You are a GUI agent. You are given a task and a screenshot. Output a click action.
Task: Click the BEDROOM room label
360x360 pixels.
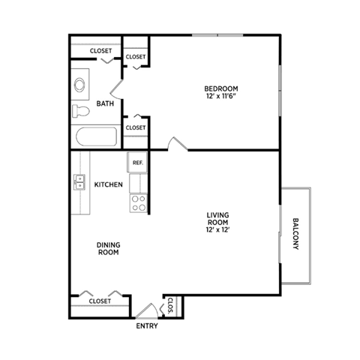coord(221,88)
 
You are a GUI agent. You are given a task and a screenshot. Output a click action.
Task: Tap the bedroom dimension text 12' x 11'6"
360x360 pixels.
coord(221,97)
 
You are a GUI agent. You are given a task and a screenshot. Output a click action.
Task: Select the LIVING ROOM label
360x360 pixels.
coord(218,218)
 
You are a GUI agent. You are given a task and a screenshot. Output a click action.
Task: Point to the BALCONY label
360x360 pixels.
coord(295,235)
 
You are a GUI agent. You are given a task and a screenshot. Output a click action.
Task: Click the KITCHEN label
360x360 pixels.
coord(109,184)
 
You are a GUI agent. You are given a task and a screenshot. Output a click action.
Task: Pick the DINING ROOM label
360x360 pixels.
coord(108,247)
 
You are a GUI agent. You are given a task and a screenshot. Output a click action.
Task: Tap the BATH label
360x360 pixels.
coord(106,103)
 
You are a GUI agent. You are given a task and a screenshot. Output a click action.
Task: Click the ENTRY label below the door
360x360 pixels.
coord(148,326)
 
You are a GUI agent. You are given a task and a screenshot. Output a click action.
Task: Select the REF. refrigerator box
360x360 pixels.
coord(137,163)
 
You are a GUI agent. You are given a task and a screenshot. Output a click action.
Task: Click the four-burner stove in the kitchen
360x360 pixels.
coord(138,202)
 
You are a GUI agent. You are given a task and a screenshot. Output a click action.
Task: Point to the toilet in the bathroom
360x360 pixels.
coord(80,112)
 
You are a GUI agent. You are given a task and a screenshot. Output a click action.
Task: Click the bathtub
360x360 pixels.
coord(95,137)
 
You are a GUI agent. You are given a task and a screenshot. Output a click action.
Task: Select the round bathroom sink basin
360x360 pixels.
coord(79,85)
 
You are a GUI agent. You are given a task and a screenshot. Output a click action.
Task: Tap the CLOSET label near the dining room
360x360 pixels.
coord(100,301)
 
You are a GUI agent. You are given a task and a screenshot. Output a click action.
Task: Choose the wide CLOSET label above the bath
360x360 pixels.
coord(101,51)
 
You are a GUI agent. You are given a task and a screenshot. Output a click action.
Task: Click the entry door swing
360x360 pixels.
coord(148,310)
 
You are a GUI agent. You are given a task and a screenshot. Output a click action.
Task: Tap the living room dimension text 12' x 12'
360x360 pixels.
coord(218,229)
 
